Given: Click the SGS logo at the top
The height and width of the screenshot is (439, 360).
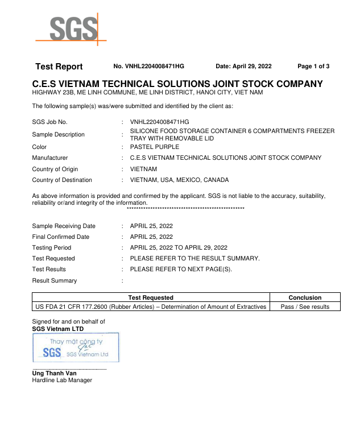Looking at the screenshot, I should (x=71, y=29).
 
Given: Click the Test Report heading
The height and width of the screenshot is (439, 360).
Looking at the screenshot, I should (x=59, y=67).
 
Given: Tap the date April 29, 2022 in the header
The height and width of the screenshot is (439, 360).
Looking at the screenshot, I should (x=243, y=67).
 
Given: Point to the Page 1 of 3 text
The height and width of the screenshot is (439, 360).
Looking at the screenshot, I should (x=313, y=67).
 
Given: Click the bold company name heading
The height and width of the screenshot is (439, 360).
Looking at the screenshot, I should (x=177, y=84).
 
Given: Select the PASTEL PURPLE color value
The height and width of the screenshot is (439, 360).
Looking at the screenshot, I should (x=155, y=147).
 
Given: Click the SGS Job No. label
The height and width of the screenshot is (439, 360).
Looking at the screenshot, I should (x=50, y=122).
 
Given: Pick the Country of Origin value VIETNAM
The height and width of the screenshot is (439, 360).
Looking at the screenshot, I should (x=144, y=169).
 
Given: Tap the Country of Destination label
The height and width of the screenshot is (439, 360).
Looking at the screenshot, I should (x=62, y=180).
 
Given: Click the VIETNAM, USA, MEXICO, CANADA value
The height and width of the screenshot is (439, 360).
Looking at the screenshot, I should (x=180, y=180).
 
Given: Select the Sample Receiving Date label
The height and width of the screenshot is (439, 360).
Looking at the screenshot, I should (x=64, y=226).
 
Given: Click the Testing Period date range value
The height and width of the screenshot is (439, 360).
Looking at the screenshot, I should (x=179, y=247).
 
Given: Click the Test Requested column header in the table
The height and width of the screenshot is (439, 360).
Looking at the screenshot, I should (x=151, y=297).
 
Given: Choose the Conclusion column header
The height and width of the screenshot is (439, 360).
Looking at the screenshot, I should (x=305, y=297).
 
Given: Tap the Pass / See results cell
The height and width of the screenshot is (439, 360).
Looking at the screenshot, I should (x=305, y=307).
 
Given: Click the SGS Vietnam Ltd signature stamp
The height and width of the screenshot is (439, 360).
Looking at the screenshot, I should (x=76, y=347).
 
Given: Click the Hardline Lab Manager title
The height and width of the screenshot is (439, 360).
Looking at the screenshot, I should (x=62, y=380).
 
